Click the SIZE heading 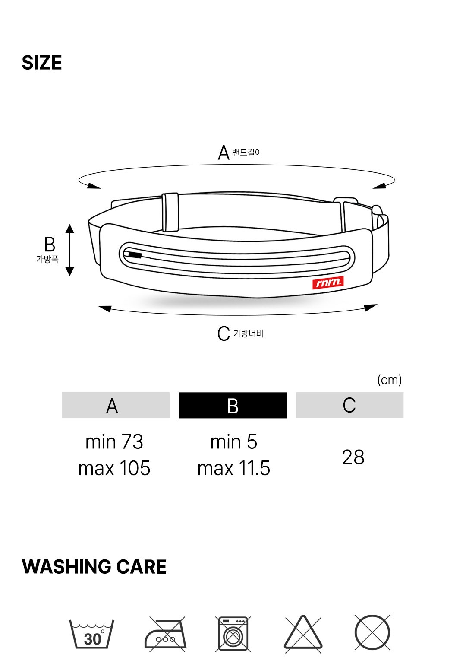click(x=41, y=63)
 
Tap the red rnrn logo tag click(x=327, y=282)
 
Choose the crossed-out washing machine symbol click(x=233, y=634)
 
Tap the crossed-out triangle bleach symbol click(x=303, y=634)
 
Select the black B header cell click(x=233, y=405)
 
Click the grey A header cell click(x=116, y=405)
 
